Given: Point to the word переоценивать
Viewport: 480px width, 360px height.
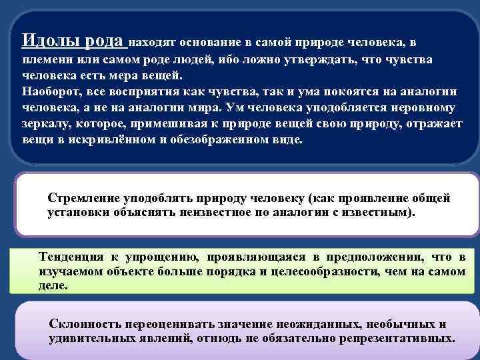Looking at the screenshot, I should tap(164, 324).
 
